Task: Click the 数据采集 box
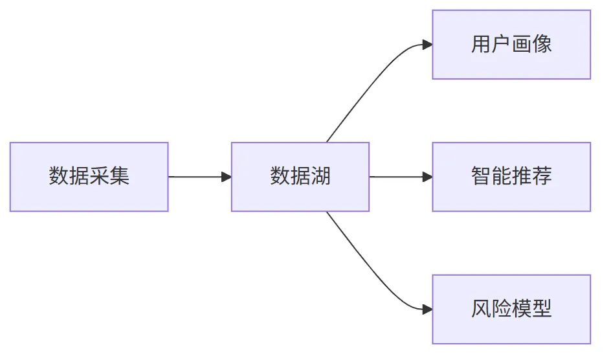[89, 177]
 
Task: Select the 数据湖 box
[300, 177]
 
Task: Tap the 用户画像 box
[511, 45]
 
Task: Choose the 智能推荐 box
[511, 177]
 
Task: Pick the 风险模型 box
[511, 309]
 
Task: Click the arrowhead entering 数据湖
[227, 177]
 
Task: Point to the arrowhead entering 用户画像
[427, 45]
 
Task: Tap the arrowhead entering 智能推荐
[427, 177]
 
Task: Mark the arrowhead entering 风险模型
[427, 309]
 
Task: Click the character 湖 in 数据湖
[320, 176]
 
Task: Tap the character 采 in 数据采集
[99, 176]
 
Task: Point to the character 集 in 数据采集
[119, 176]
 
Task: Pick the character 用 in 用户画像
[481, 43]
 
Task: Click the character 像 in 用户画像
[542, 43]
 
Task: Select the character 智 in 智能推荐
[481, 176]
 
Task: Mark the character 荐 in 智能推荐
[542, 176]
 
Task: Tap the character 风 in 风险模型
[481, 309]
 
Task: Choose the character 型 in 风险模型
[542, 309]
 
